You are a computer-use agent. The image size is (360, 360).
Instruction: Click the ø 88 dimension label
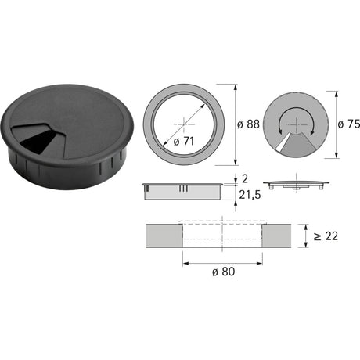pyautogui.click(x=248, y=124)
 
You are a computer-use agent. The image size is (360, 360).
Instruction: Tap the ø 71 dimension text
pyautogui.click(x=184, y=142)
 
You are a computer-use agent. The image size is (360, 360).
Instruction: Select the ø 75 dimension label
pyautogui.click(x=349, y=124)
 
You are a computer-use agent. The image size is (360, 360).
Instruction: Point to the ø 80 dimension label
pyautogui.click(x=224, y=272)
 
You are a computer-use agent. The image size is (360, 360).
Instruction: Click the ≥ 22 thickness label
pyautogui.click(x=326, y=236)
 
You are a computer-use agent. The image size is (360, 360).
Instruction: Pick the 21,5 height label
pyautogui.click(x=250, y=195)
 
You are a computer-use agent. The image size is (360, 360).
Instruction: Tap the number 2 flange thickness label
pyautogui.click(x=245, y=179)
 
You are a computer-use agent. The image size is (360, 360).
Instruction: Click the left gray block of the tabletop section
pyautogui.click(x=164, y=236)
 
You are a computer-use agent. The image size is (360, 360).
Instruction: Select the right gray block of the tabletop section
pyautogui.click(x=276, y=236)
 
